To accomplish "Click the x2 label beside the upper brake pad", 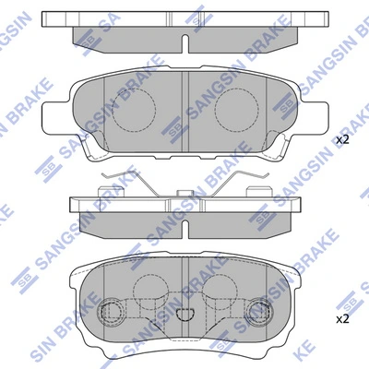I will [342, 139].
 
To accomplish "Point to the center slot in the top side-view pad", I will [185, 44].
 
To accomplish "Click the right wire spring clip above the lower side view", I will [245, 183].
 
